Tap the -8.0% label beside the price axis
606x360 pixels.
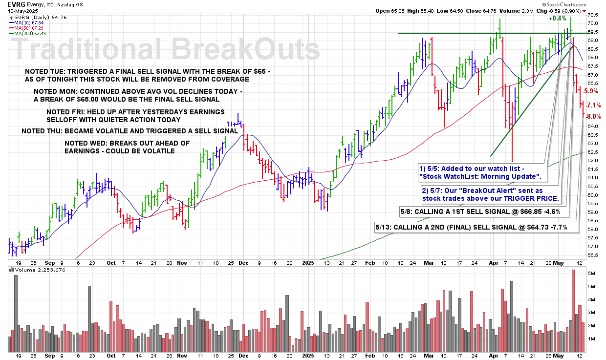(x=593, y=116)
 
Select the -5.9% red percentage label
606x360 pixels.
(x=591, y=91)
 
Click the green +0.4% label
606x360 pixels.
(x=557, y=19)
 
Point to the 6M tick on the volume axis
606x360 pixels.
(x=590, y=273)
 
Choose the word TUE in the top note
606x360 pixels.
(x=55, y=71)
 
